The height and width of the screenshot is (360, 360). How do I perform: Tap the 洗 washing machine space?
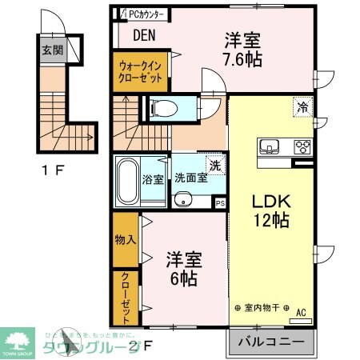(x=214, y=165)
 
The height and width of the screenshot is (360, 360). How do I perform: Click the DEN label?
(x=144, y=34)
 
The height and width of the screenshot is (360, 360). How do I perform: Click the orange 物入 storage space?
(x=124, y=238)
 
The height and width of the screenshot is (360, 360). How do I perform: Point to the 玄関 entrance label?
(x=52, y=50)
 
